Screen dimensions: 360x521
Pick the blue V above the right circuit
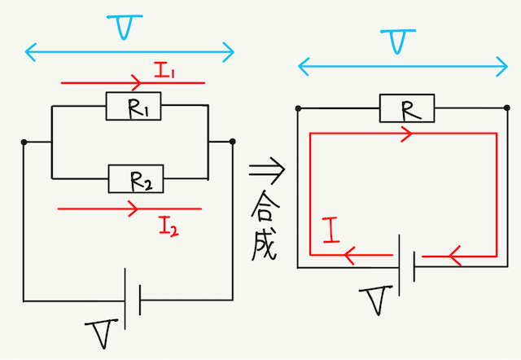(x=398, y=41)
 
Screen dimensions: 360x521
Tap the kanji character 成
(x=265, y=244)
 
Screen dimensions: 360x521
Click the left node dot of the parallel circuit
(x=25, y=143)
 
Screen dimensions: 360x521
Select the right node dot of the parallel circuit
(x=233, y=142)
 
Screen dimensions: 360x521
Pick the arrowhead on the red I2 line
(x=131, y=209)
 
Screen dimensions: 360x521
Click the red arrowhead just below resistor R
(x=405, y=134)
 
